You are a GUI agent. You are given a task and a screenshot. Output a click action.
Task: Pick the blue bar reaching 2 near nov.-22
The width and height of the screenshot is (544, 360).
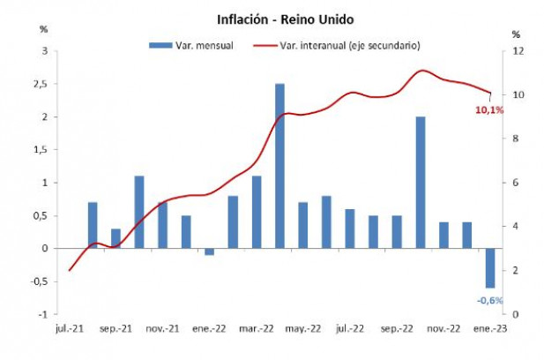(x=420, y=182)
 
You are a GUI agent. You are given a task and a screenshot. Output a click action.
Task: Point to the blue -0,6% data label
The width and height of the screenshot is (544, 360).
(x=489, y=300)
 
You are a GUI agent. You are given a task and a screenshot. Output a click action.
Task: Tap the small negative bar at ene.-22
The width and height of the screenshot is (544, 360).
(x=209, y=251)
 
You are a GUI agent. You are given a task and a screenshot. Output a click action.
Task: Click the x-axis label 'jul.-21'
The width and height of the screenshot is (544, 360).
(x=70, y=328)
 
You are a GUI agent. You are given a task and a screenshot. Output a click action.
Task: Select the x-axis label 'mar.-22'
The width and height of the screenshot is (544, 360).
(x=257, y=328)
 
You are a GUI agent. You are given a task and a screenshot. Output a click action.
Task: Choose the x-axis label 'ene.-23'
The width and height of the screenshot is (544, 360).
(x=490, y=328)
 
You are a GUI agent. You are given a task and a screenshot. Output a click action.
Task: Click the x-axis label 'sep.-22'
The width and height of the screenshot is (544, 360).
(x=397, y=328)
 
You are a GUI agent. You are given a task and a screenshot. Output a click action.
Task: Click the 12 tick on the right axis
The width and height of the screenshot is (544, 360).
(x=517, y=51)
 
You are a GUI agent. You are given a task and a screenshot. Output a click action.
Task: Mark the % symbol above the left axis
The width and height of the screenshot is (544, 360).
(x=45, y=29)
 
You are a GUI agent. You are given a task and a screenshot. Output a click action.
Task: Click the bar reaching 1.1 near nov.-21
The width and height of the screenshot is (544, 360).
(x=139, y=212)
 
